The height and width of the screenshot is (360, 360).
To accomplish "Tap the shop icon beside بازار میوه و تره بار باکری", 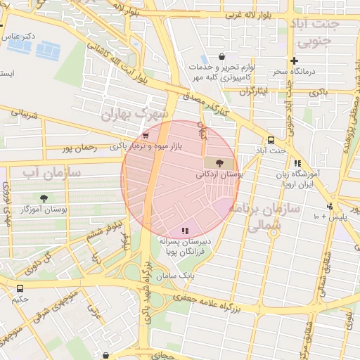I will click(x=146, y=136).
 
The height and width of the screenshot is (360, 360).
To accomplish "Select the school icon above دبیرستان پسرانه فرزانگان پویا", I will click(x=185, y=231).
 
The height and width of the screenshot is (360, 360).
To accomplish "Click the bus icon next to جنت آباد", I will click(x=271, y=140).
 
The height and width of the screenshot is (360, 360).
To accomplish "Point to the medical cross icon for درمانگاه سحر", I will click(x=294, y=60).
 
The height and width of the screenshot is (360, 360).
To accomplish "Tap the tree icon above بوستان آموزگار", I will click(x=44, y=198).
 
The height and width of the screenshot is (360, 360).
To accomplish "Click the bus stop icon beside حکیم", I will click(x=20, y=288).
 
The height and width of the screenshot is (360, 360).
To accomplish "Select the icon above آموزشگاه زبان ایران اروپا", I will click(x=298, y=163).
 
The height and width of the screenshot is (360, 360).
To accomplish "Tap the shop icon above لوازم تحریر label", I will click(x=222, y=56).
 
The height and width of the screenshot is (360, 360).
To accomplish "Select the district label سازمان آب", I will click(x=51, y=172).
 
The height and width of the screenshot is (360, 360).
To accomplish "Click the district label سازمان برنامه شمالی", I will click(x=274, y=216).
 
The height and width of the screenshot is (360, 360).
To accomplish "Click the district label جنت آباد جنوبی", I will click(x=319, y=33).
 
